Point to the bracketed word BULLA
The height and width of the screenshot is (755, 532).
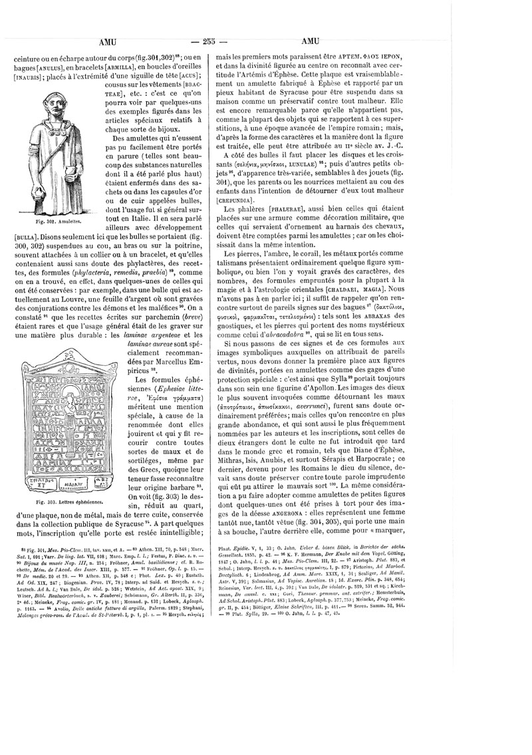click(x=29, y=236)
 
